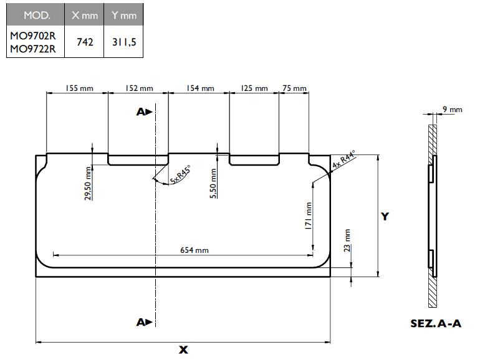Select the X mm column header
(85, 14)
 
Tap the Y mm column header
(123, 14)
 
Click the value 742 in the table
(85, 42)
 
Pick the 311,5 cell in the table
(123, 42)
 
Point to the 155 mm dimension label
(79, 89)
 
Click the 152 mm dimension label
(139, 89)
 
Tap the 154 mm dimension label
(199, 89)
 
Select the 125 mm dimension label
(254, 89)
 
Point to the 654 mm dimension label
(194, 250)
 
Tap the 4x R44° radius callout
(343, 159)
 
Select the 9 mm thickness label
(452, 110)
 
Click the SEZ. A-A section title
(436, 324)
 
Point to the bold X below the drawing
(183, 350)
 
